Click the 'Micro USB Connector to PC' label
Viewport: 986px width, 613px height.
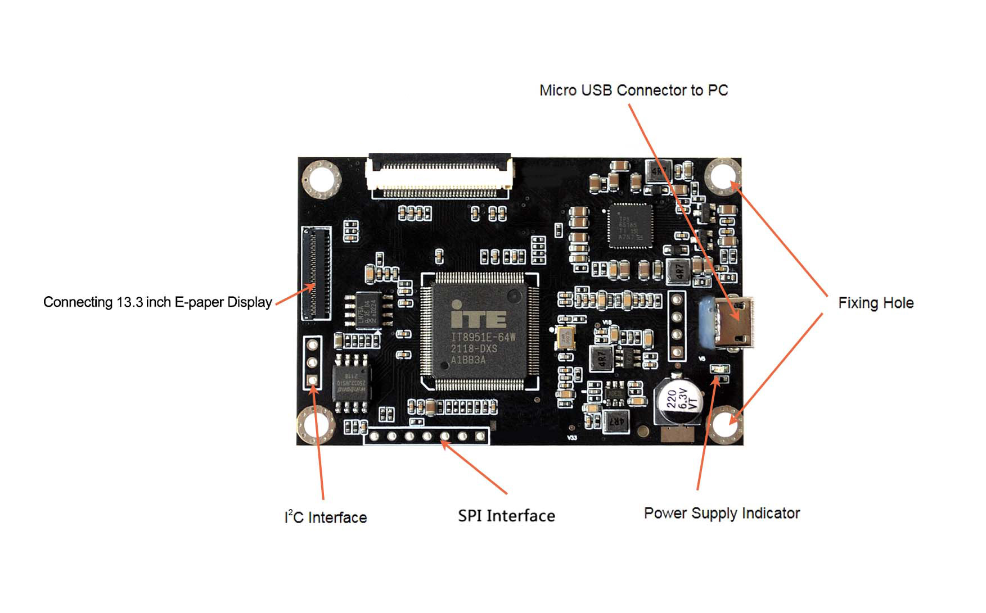click(x=633, y=90)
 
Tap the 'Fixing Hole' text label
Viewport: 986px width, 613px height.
click(x=875, y=303)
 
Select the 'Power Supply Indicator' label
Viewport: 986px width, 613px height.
click(x=722, y=513)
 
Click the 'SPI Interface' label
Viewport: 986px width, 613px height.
click(x=506, y=516)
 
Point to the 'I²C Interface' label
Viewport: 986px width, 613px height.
click(x=326, y=517)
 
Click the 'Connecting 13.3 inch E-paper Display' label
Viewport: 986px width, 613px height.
click(x=157, y=302)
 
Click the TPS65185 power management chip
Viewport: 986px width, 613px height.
click(x=630, y=225)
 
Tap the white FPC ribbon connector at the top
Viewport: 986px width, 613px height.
click(x=439, y=175)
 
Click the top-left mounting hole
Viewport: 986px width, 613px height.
click(x=322, y=179)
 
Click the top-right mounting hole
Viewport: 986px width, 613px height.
click(x=723, y=176)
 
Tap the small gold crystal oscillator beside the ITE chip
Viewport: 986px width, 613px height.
click(x=565, y=337)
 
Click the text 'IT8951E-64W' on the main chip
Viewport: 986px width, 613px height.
click(x=483, y=338)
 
